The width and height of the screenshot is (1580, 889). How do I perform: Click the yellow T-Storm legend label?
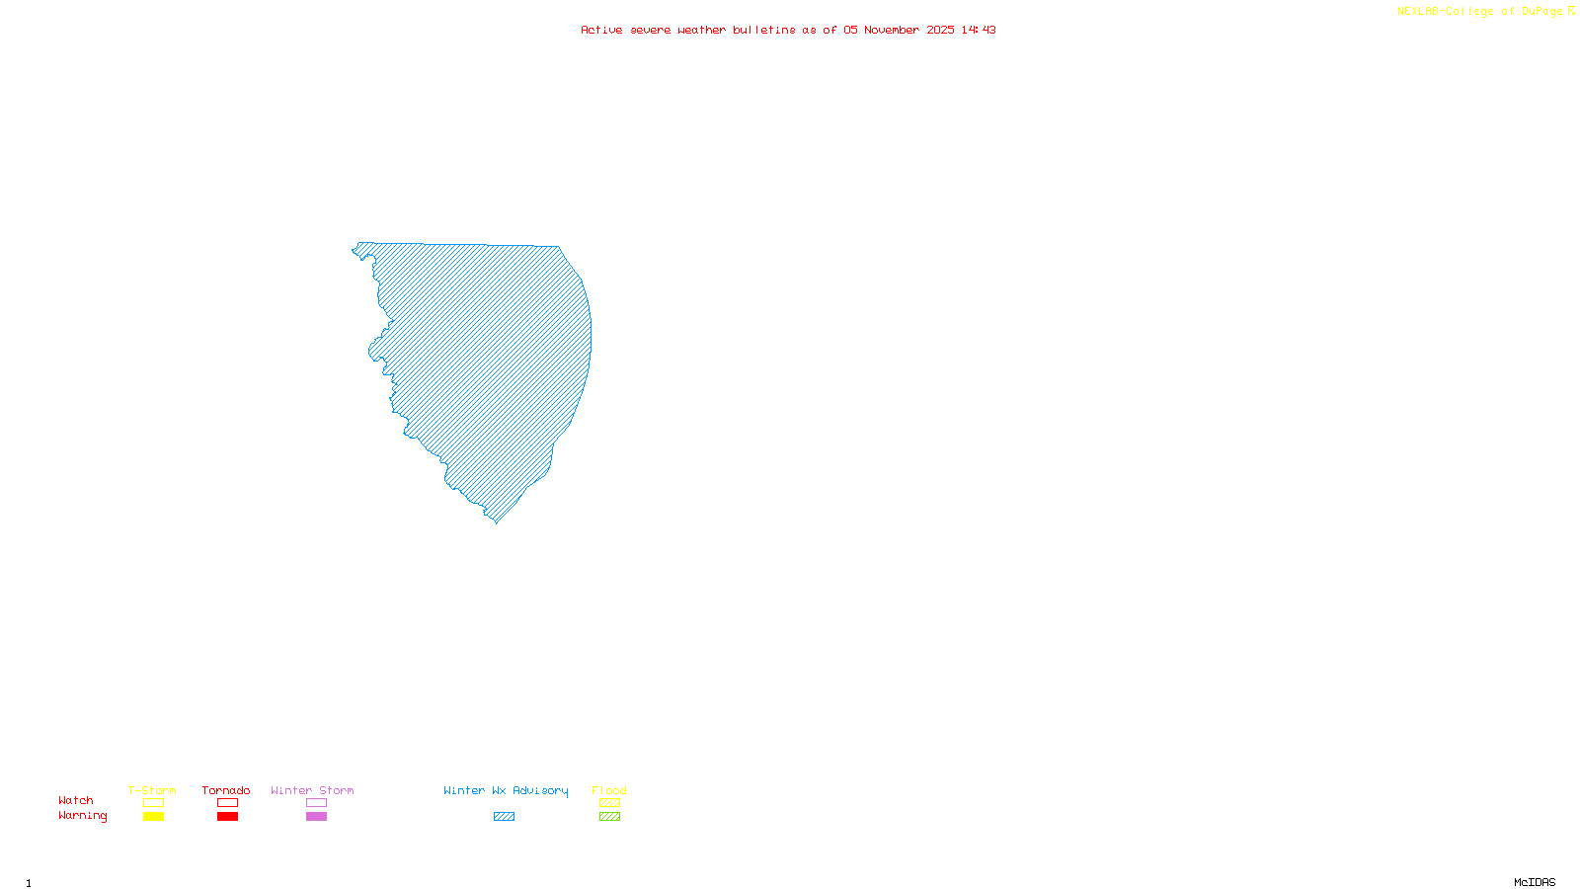tap(152, 790)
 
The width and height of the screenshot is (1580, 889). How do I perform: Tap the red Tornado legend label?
tap(226, 790)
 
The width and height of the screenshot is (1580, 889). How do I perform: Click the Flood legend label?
tap(609, 790)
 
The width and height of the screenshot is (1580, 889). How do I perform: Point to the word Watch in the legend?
tap(76, 800)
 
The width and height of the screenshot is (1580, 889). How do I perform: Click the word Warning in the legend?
tap(83, 816)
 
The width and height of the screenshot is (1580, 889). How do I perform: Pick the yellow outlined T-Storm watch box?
tap(153, 803)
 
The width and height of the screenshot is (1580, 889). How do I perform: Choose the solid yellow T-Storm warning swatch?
tap(153, 817)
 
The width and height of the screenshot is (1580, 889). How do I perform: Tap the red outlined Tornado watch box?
tap(227, 803)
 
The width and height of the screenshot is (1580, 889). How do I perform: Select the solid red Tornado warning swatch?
tap(227, 817)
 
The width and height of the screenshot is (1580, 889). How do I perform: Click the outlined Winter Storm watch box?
tap(316, 803)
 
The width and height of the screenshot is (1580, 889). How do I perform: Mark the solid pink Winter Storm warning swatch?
tap(316, 817)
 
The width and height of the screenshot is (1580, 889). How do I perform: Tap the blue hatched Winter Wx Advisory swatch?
tap(504, 817)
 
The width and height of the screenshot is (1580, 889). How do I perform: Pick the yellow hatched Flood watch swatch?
tap(609, 803)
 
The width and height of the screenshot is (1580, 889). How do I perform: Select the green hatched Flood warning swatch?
tap(609, 817)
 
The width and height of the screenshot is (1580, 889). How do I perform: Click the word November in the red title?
tap(892, 30)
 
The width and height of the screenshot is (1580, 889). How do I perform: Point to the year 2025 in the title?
tap(940, 30)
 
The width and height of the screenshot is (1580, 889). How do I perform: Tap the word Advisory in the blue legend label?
tap(540, 790)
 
